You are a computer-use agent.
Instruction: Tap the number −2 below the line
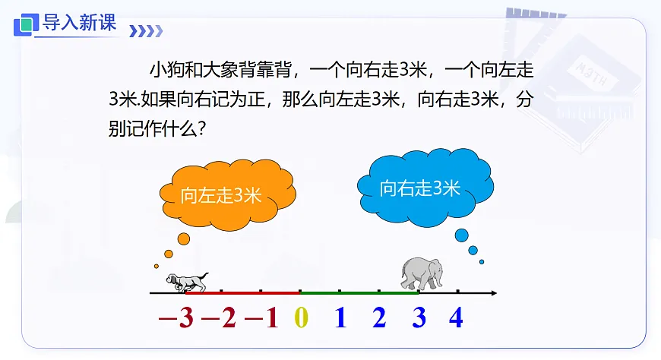(x=220, y=319)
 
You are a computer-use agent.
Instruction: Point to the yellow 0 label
(x=301, y=319)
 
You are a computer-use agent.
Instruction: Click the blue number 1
(x=340, y=319)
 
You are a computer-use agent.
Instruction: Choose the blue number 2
(x=379, y=319)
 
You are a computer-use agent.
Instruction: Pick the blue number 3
(x=419, y=319)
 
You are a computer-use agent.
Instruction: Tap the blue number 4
(x=456, y=319)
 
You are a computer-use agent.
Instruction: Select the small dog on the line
(x=186, y=282)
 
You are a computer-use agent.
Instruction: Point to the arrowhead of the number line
(x=493, y=292)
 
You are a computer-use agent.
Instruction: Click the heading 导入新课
(x=79, y=23)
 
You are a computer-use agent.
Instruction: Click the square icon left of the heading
(x=26, y=24)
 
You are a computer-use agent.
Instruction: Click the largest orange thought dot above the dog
(x=183, y=239)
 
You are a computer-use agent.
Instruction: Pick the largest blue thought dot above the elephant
(x=461, y=235)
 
